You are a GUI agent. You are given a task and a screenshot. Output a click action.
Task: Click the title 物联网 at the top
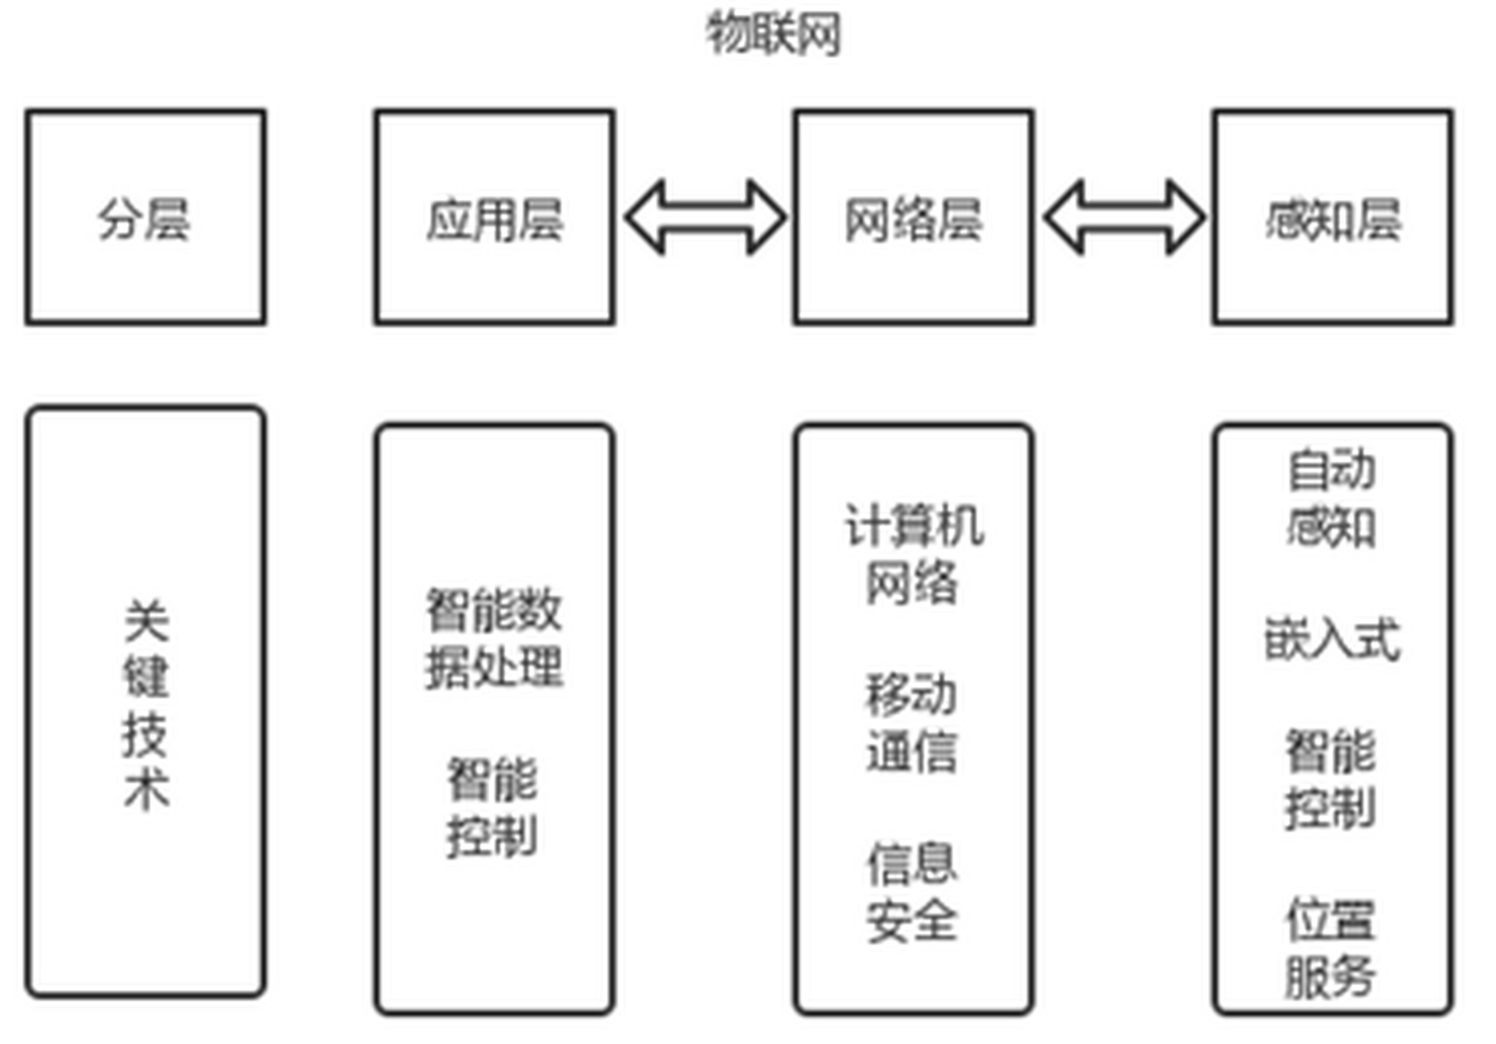772,34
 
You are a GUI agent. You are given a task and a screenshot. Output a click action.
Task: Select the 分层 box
145,218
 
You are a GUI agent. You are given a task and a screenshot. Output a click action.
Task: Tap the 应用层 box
494,218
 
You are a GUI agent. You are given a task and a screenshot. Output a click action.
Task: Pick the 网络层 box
913,218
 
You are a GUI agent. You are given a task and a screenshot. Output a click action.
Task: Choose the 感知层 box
1332,218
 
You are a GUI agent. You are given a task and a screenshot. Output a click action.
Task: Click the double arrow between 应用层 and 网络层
705,218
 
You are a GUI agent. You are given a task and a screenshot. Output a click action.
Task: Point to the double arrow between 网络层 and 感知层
1124,218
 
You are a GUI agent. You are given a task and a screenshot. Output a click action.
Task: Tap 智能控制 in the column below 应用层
492,807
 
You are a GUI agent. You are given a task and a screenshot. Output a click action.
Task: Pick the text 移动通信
911,723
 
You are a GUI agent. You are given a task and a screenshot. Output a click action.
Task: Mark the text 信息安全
911,892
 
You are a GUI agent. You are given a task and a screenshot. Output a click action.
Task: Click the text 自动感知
1331,498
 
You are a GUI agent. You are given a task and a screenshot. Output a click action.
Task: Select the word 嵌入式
1331,638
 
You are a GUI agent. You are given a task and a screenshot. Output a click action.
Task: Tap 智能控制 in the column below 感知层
1330,779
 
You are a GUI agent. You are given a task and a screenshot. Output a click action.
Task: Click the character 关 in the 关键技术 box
146,622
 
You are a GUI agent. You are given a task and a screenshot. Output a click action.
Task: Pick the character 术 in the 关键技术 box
146,790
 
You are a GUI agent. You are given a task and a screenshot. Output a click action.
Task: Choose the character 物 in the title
727,34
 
